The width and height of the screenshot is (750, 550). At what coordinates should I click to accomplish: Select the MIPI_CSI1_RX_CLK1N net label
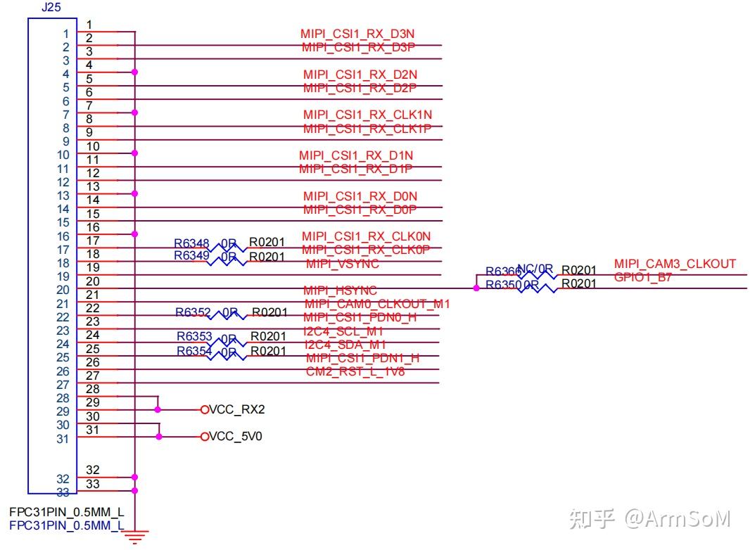point(367,115)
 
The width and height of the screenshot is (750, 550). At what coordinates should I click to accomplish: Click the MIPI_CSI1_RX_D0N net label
point(360,196)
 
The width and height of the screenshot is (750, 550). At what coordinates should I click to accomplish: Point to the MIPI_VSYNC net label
point(343,264)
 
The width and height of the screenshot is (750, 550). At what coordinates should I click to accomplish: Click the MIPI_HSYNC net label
point(341,290)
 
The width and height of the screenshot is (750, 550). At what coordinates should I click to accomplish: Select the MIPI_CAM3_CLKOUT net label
point(675,264)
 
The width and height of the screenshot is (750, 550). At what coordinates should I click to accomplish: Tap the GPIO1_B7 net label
point(643,277)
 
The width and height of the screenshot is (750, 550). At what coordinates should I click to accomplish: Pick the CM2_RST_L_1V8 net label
point(355,371)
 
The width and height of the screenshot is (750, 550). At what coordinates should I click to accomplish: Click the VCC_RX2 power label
point(237,409)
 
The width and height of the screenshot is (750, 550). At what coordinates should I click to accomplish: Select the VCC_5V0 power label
point(236,437)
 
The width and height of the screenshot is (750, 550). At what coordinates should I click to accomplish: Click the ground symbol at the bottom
point(134,538)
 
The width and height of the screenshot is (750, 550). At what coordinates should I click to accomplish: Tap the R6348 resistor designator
point(191,243)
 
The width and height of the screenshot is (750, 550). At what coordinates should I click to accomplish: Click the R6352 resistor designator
point(193,312)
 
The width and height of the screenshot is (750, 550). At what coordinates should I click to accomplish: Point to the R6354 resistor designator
point(194,351)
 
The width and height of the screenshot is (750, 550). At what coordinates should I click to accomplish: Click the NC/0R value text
point(535,268)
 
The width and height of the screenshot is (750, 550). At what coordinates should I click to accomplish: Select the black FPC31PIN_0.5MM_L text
point(67,512)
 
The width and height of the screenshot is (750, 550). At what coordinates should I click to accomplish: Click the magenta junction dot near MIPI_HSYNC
point(476,288)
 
